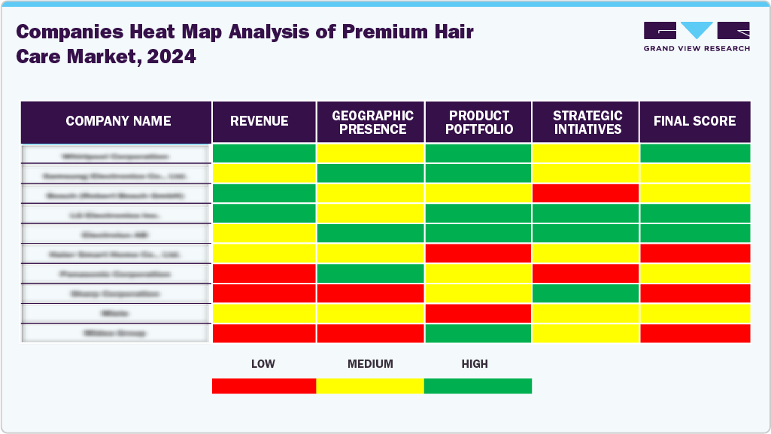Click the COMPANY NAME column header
117,121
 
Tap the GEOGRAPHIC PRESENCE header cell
372,122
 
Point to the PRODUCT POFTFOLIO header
479,122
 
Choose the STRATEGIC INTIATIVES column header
587,122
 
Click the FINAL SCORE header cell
694,121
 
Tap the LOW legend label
263,364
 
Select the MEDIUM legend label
370,364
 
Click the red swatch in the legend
263,386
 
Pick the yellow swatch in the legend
370,386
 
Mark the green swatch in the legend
478,386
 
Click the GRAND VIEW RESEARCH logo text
697,48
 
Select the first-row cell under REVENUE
263,153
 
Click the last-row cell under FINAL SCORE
694,333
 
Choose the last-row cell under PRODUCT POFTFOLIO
478,333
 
